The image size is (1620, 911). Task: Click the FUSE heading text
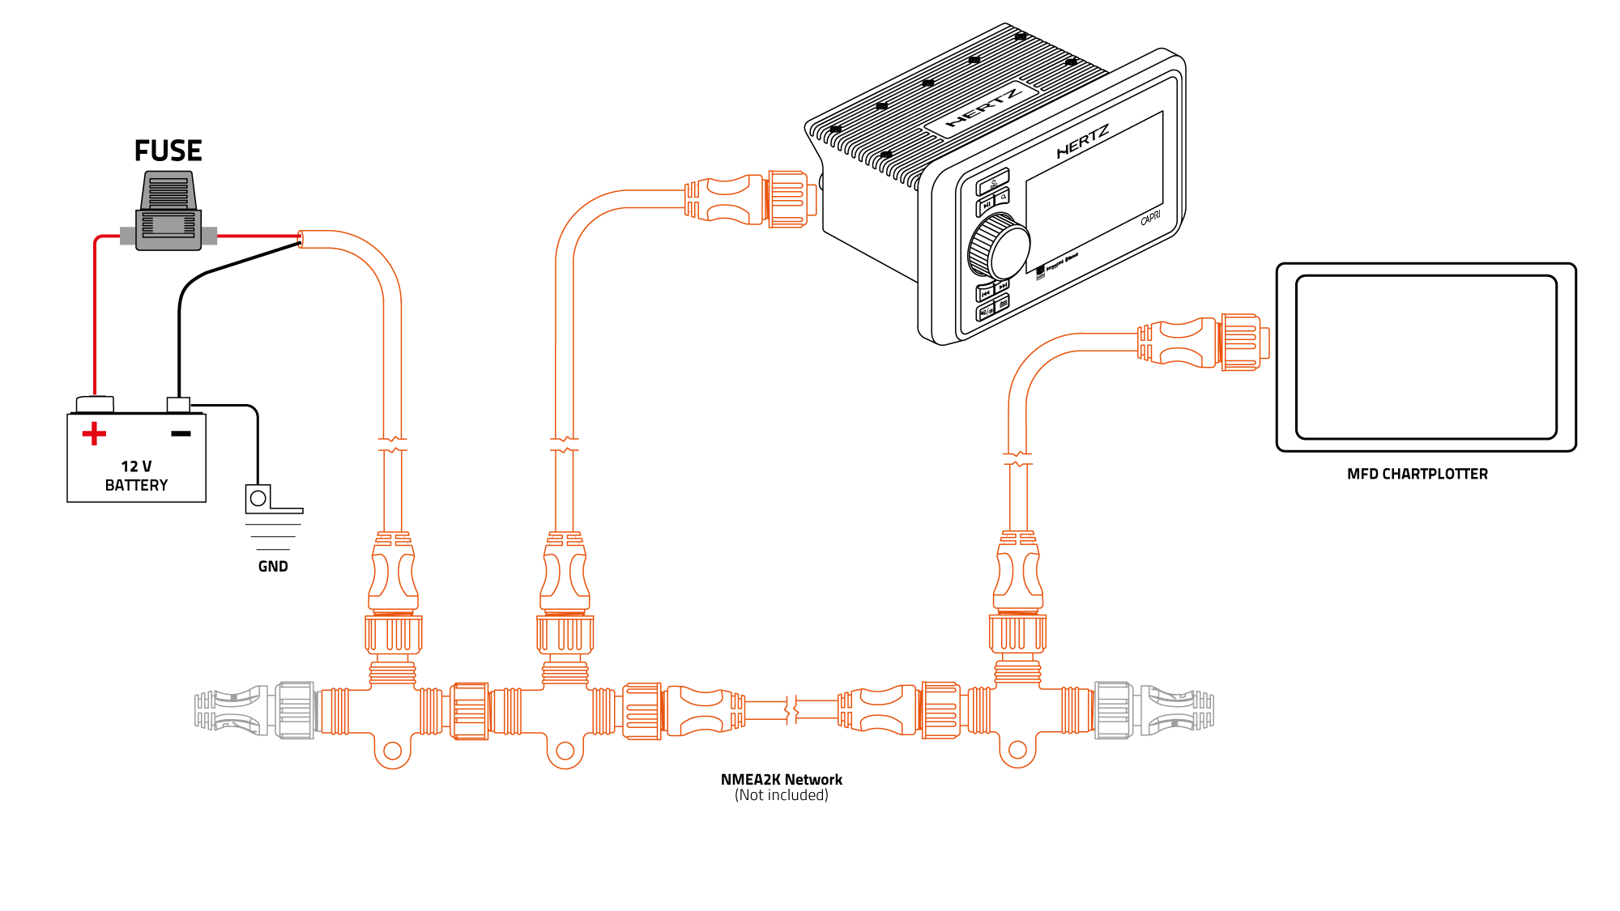(168, 151)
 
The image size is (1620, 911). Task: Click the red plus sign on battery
(94, 434)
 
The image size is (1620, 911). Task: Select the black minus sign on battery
(181, 434)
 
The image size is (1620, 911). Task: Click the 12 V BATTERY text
(136, 476)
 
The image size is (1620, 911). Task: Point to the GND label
(273, 567)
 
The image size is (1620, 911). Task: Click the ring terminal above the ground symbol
(258, 498)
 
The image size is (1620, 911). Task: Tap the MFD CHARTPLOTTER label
(1417, 475)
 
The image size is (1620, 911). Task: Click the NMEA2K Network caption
(781, 780)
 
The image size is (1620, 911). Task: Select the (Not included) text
(781, 796)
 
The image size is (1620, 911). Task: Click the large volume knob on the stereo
(1000, 247)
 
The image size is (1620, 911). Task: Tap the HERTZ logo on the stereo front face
(1082, 142)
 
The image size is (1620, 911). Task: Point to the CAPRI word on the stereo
(1150, 218)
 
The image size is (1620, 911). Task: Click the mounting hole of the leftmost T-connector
(393, 751)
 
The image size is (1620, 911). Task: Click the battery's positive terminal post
(95, 403)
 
